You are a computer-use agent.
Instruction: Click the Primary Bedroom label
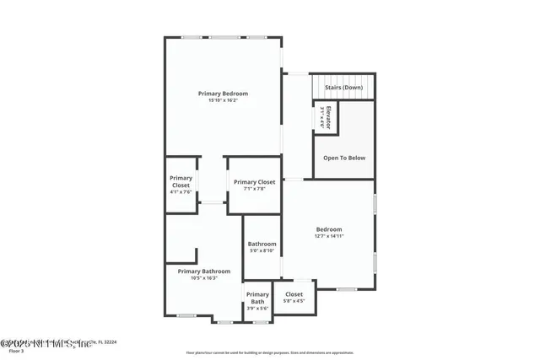coord(223,94)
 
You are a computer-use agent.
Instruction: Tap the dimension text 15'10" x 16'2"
coord(223,100)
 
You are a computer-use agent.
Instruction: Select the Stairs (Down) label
coord(344,87)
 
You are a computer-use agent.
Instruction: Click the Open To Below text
coord(344,158)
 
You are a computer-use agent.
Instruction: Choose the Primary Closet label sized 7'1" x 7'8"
coord(254,182)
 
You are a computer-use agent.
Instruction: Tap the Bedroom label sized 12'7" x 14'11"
coord(329,229)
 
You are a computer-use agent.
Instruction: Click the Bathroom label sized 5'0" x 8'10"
coord(262,244)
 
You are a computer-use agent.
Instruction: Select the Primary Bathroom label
coord(203,271)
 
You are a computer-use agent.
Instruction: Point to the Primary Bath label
coord(257,298)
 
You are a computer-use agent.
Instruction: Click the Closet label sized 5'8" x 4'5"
coord(294,294)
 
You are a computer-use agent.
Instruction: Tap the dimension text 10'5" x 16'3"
coord(203,277)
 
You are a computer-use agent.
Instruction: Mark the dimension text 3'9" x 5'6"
coord(257,309)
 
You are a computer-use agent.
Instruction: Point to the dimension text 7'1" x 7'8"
coord(254,189)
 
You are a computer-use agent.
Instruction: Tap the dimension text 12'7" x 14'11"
coord(329,236)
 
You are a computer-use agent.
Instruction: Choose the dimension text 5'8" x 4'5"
coord(294,301)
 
